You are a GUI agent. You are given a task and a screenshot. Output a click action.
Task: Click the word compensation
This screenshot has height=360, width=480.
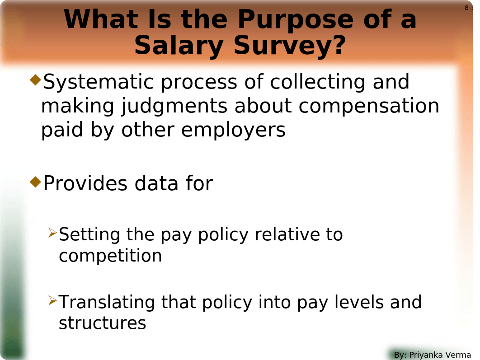coord(369,107)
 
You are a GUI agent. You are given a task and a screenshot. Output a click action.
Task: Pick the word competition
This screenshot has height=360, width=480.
coord(110,256)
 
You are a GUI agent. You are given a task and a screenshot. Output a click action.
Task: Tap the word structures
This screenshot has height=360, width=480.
coord(102,323)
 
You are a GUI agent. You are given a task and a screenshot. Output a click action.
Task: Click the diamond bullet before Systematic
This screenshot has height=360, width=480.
coord(35,81)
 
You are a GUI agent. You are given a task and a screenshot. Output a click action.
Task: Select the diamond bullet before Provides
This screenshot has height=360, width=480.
coord(35,182)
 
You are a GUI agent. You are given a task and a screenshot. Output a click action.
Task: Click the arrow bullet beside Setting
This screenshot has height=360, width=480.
coord(52,234)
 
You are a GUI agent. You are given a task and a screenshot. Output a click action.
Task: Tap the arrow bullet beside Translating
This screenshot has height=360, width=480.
coord(52,301)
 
